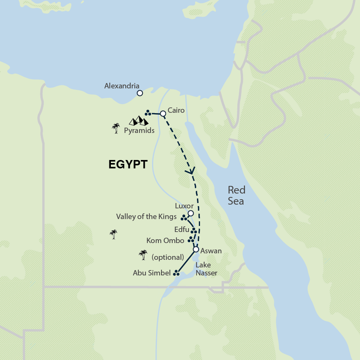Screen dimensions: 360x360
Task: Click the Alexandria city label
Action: click(x=122, y=86)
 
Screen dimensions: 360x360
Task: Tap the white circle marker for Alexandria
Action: click(x=140, y=93)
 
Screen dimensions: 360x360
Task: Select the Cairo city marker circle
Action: click(x=163, y=114)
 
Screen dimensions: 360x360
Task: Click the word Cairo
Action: click(x=176, y=110)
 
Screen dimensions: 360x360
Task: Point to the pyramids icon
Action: click(x=138, y=121)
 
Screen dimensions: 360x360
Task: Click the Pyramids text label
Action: click(x=139, y=131)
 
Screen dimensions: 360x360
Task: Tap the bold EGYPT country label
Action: click(x=128, y=164)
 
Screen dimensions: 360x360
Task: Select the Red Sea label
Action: click(x=236, y=195)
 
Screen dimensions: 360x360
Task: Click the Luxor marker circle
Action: click(x=190, y=213)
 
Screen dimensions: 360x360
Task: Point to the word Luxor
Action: click(x=184, y=206)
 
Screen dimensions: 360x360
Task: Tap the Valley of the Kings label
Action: click(x=146, y=217)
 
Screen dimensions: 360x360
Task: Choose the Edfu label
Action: click(x=181, y=230)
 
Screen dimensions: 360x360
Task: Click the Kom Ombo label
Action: click(x=165, y=240)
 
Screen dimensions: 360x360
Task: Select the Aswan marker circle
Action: click(x=196, y=250)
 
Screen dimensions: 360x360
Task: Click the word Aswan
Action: click(x=211, y=251)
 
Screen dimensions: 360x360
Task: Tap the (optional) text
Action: click(x=168, y=257)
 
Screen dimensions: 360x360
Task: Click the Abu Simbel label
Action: click(x=151, y=273)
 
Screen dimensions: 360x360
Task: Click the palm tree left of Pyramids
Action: click(x=116, y=128)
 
